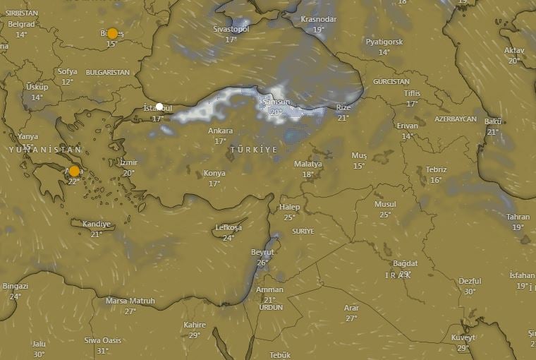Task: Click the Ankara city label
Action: tap(220, 131)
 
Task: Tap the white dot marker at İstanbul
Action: tap(159, 107)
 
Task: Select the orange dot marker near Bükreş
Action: tap(112, 34)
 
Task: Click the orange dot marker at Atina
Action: tap(74, 172)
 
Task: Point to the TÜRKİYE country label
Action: tap(253, 150)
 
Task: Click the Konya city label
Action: tap(214, 174)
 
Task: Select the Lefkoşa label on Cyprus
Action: tap(228, 228)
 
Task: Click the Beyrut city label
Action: tap(262, 253)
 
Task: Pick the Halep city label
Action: tap(289, 208)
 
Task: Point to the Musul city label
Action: tap(385, 205)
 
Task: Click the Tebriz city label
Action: tap(436, 170)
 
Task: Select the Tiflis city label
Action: tap(412, 93)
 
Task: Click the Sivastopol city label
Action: tap(231, 30)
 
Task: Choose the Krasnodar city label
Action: tap(319, 19)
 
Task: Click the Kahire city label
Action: tap(195, 325)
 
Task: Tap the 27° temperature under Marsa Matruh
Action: tap(130, 311)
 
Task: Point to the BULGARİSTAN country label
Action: tap(108, 73)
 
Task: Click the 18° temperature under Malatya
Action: tap(308, 174)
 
